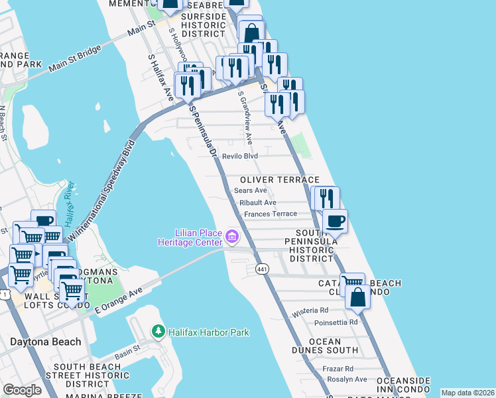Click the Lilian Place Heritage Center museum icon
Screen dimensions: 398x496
click(x=231, y=236)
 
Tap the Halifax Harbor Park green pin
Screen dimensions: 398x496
click(x=158, y=330)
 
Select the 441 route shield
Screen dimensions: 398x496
click(x=261, y=268)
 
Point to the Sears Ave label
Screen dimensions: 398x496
click(x=251, y=190)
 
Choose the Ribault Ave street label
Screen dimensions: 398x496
click(x=258, y=202)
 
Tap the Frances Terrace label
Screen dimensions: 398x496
click(x=270, y=214)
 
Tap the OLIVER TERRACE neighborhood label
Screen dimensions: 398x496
click(x=280, y=180)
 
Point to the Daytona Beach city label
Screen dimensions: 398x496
click(x=46, y=342)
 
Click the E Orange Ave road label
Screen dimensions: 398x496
click(x=119, y=300)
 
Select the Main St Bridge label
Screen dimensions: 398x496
click(x=73, y=58)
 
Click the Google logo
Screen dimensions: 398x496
click(x=23, y=390)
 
